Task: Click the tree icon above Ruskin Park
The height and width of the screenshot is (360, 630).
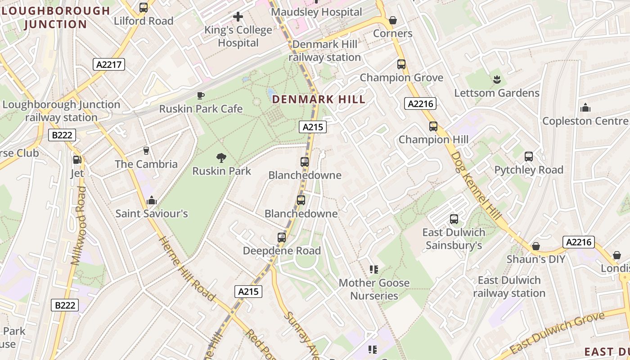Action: coord(221,158)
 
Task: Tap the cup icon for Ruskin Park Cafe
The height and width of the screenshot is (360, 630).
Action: coord(201,95)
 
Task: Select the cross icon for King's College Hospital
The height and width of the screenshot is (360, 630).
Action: coord(238,17)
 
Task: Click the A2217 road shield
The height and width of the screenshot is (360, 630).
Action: coord(109,64)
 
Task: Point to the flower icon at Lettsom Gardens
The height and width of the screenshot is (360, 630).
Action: coord(497,80)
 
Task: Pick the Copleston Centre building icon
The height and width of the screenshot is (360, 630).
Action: coord(585,108)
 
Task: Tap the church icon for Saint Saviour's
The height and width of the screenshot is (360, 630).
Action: coord(152,200)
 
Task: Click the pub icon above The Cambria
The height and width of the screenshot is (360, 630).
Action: coord(146,150)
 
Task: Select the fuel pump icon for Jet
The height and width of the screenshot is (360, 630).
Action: coord(77,159)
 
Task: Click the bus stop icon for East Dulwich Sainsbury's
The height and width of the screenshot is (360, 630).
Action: coord(454,219)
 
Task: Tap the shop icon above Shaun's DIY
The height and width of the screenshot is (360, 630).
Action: coord(535,246)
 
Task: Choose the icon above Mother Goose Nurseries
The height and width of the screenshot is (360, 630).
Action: coord(373,270)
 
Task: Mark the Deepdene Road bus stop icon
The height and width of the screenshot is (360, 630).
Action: coord(282,237)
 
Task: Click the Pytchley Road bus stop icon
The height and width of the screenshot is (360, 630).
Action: coord(529,157)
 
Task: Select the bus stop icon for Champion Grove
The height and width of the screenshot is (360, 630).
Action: coord(401,64)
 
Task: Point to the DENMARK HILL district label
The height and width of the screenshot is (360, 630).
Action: coord(319,99)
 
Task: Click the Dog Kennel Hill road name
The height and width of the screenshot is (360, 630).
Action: coord(476,186)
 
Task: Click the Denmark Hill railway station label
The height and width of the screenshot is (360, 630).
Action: coord(325,51)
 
